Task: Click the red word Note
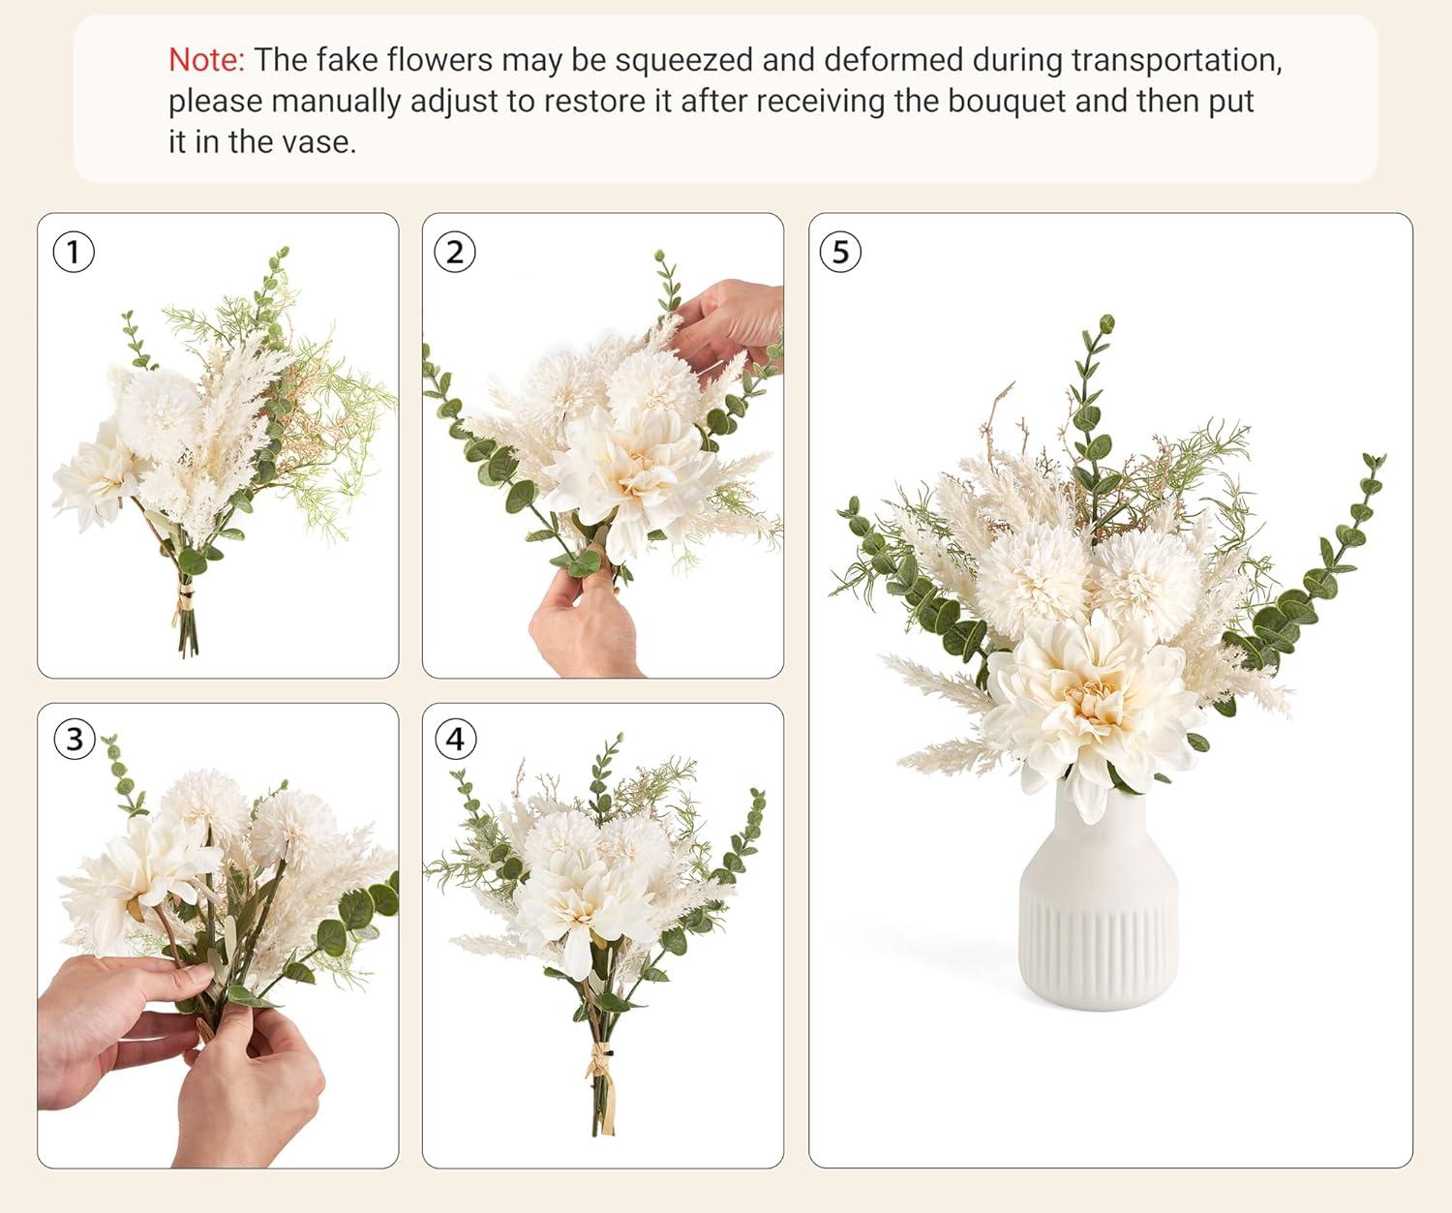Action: coord(206,60)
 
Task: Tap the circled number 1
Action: coord(74,252)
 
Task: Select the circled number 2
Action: coord(455,252)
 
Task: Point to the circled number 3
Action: coord(74,740)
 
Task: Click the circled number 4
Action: coord(455,740)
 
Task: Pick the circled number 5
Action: coord(840,252)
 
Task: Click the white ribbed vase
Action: coord(1099,897)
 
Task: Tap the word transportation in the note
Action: coord(1176,61)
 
